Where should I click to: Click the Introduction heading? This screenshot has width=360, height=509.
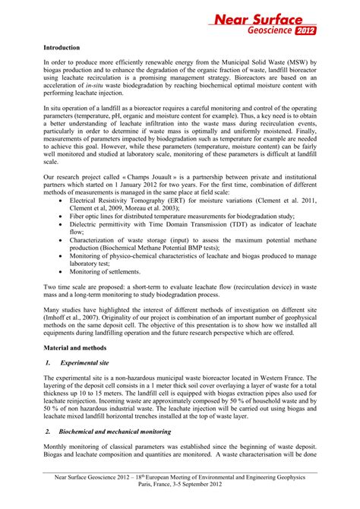coord(63,46)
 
